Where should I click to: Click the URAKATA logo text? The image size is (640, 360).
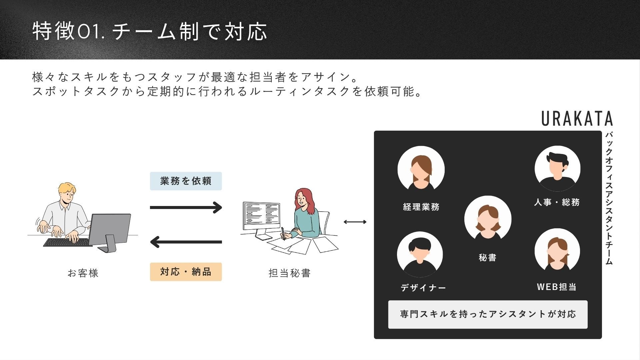[577, 118]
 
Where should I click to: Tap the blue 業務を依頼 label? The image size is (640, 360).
[186, 181]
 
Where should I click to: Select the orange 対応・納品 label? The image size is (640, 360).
[186, 272]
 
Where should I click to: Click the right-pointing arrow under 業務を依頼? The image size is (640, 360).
[186, 207]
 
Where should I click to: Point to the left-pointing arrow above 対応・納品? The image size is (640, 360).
[186, 242]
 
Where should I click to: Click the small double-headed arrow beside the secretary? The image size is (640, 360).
[355, 222]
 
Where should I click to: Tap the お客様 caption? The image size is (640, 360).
[83, 273]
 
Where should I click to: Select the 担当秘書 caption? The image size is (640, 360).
[289, 273]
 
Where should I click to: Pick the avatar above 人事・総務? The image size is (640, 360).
[557, 168]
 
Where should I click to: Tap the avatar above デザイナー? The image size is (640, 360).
[420, 254]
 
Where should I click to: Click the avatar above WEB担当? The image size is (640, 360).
[557, 251]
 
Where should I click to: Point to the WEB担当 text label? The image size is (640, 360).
[556, 287]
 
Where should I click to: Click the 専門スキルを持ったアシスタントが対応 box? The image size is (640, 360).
[488, 314]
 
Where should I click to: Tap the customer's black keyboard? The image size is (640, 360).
[67, 242]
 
